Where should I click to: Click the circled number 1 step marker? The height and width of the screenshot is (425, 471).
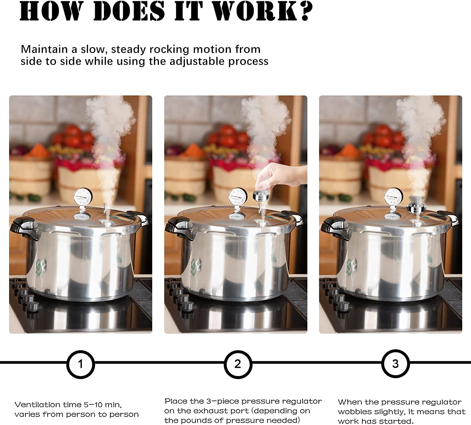pyautogui.click(x=80, y=364)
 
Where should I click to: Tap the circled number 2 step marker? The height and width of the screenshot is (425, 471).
pyautogui.click(x=238, y=364)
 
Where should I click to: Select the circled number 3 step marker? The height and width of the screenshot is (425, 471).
pyautogui.click(x=395, y=364)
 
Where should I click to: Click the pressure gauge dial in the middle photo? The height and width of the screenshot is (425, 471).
pyautogui.click(x=238, y=197)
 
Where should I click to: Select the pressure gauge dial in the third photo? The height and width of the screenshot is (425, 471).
pyautogui.click(x=393, y=197)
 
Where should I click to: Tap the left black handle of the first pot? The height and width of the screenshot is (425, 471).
pyautogui.click(x=24, y=227)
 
